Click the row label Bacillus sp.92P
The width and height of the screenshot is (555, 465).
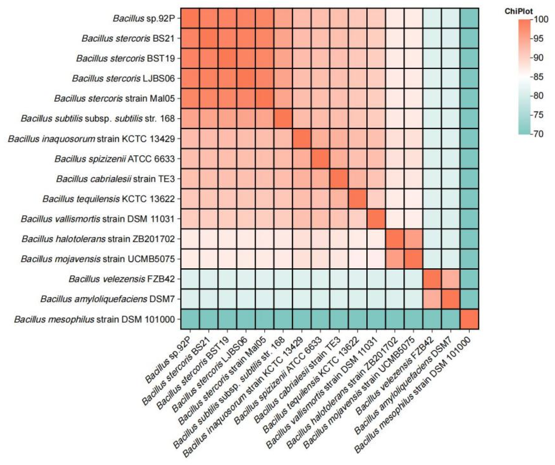pyautogui.click(x=144, y=18)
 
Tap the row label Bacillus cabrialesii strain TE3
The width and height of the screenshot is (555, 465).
pyautogui.click(x=116, y=179)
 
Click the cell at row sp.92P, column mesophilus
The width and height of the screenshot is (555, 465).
pyautogui.click(x=469, y=18)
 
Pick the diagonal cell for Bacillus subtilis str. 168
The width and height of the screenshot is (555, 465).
pyautogui.click(x=283, y=118)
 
